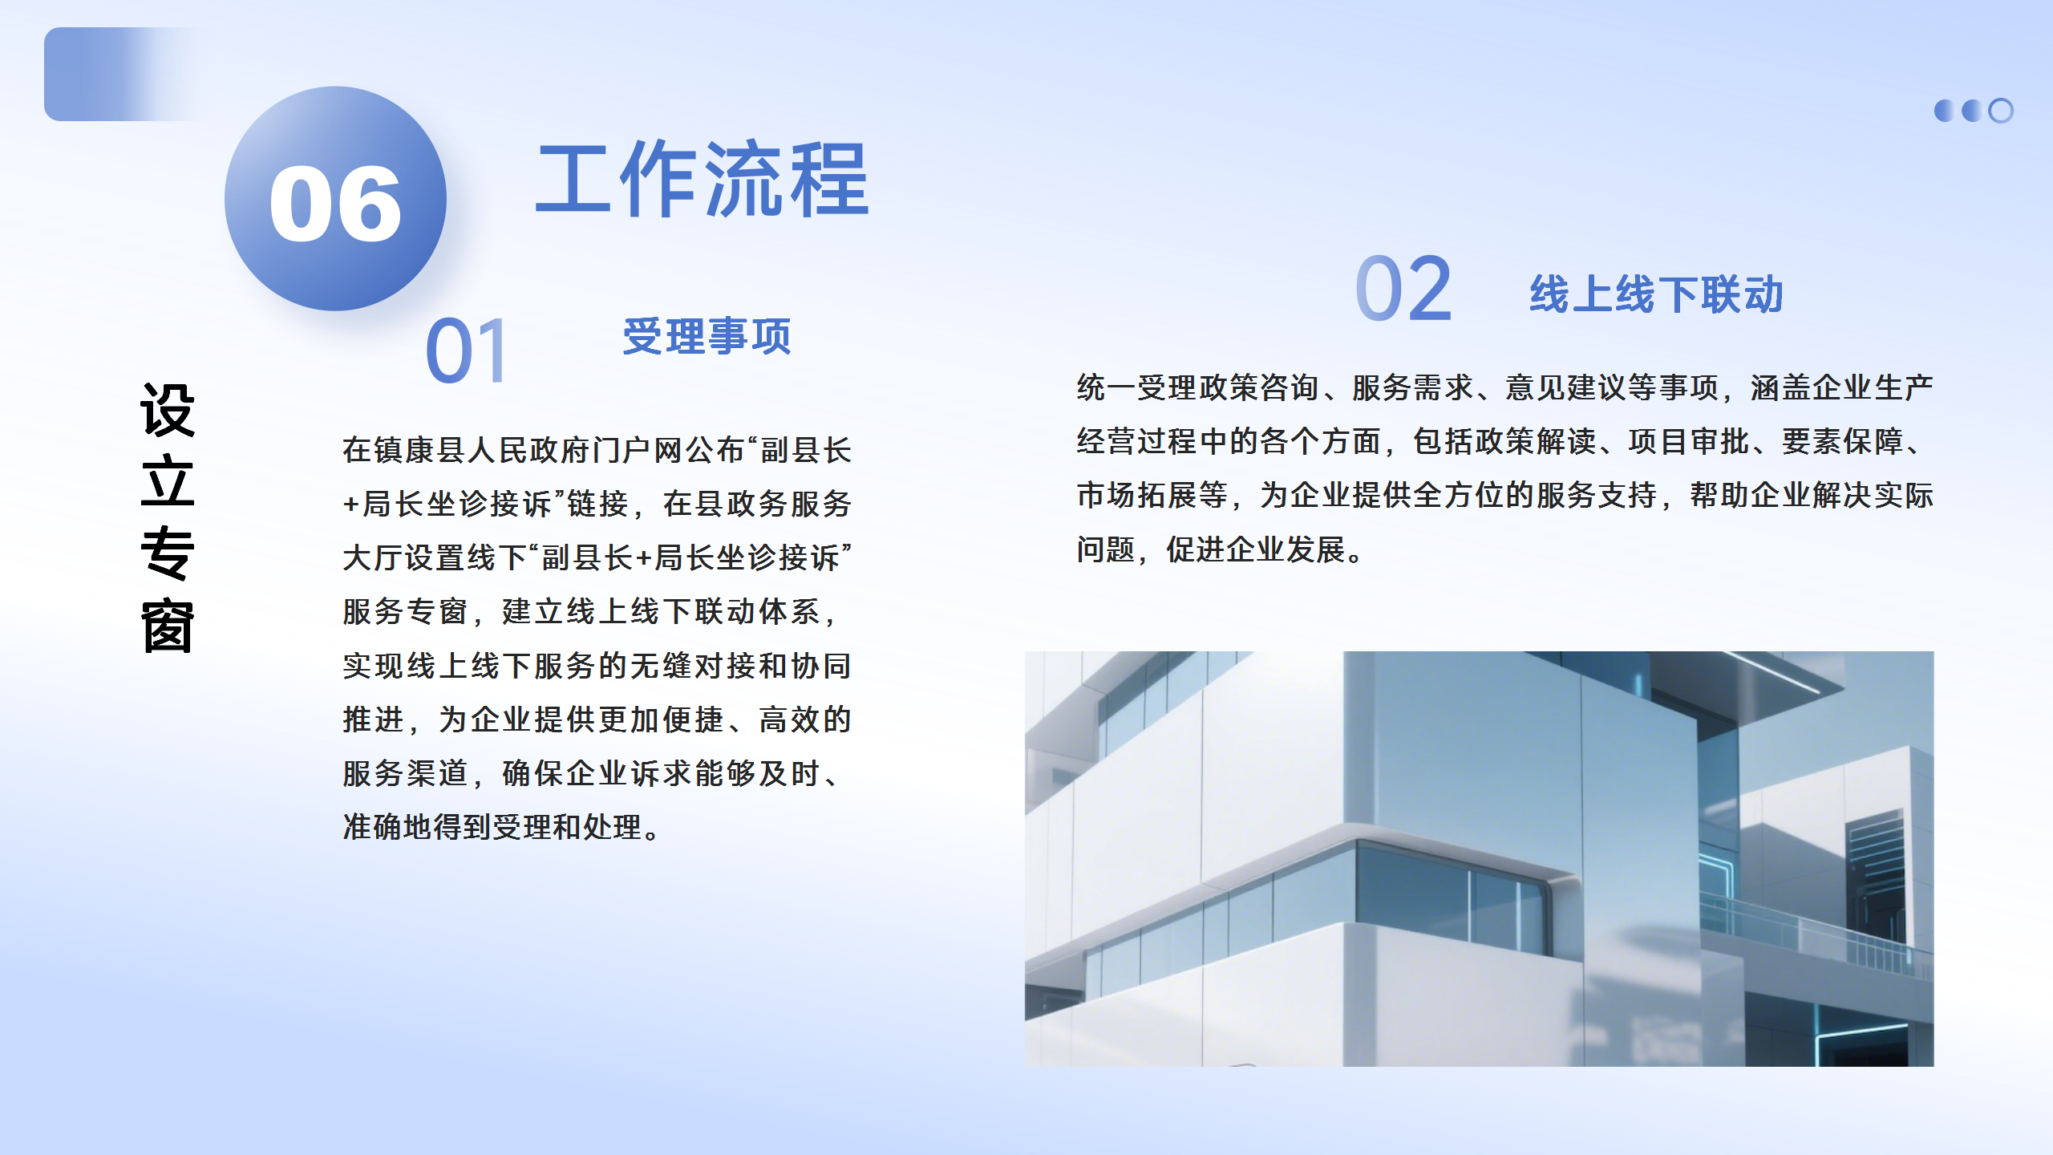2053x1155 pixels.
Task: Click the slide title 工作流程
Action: (703, 179)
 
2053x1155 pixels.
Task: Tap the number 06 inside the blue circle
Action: (335, 204)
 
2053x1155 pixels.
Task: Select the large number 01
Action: (466, 350)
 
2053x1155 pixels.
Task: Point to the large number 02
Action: (1403, 289)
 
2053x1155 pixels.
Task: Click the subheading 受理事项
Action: (707, 336)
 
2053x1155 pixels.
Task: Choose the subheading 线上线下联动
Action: (1656, 294)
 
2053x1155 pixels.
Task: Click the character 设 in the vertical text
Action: (168, 410)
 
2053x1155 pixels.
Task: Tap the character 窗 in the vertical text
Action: (168, 626)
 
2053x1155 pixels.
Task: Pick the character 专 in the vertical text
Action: (168, 553)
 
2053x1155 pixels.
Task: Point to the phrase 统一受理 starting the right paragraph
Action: (1137, 388)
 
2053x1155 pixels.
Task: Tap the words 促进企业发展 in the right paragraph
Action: (1256, 550)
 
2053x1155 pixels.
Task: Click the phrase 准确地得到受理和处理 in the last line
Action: (492, 827)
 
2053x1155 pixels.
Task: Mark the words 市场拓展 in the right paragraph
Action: (1137, 496)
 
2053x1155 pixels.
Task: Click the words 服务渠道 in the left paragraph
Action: (405, 773)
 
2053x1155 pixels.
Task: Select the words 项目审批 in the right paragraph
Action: (1689, 442)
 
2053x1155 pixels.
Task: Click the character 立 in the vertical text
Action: (168, 481)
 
